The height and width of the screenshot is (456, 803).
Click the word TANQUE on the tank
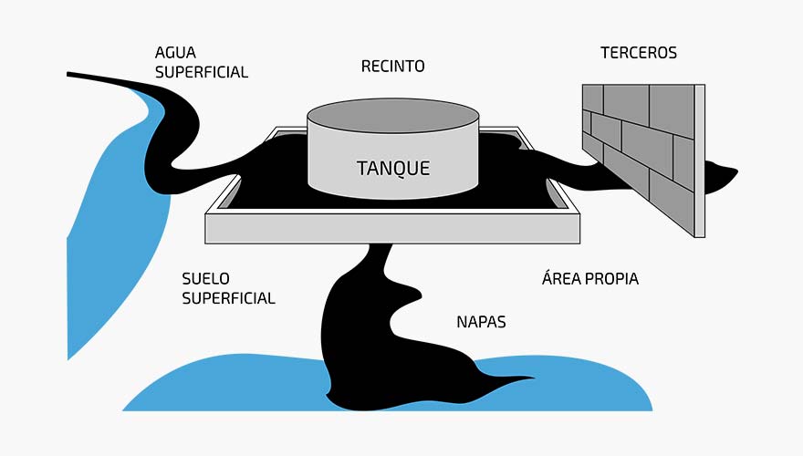point(392,168)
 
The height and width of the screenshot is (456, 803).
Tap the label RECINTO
point(392,67)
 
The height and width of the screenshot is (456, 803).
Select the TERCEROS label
point(639,53)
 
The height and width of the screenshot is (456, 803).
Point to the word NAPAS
point(480,322)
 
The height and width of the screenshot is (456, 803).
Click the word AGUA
point(175,53)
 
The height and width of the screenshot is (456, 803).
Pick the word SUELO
point(205,278)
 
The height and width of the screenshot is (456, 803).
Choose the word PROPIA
point(609,279)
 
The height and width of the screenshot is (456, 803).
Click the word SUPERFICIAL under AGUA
point(201,72)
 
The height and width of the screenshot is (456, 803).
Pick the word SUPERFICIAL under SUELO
point(228,298)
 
